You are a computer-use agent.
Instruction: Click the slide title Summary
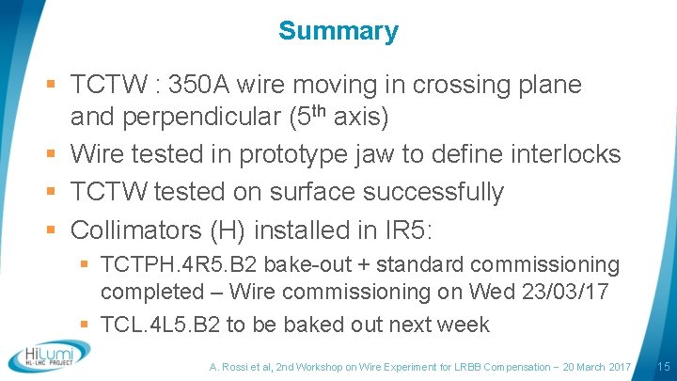[338, 31]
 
